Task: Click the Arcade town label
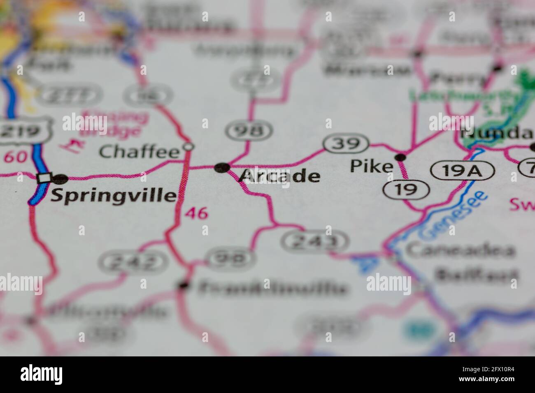point(279,176)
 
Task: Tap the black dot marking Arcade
point(223,167)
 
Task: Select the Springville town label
point(113,196)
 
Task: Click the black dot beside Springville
point(61,179)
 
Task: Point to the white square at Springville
point(44,178)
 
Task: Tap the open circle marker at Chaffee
point(188,146)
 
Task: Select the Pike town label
point(371,166)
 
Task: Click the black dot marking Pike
point(400,157)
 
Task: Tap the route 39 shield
point(346,143)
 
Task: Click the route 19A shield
point(462,170)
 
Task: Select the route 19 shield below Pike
point(406,189)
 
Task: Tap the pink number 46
point(196,213)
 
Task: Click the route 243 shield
point(315,241)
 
